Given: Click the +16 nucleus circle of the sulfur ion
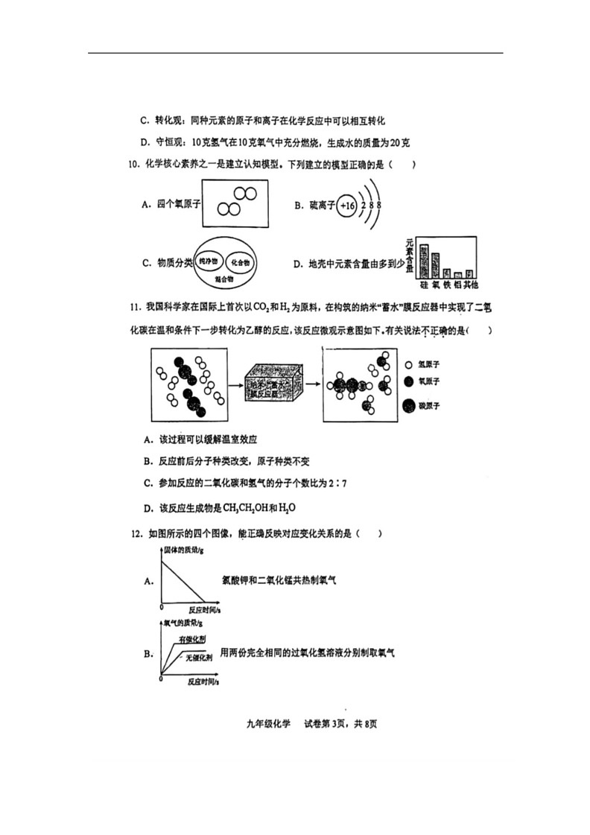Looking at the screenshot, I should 346,205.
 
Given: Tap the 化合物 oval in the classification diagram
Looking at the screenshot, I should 240,262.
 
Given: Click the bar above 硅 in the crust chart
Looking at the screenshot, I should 423,260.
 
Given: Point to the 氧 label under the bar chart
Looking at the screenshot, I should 435,285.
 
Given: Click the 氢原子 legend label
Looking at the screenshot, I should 431,365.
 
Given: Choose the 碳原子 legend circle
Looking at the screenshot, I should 409,406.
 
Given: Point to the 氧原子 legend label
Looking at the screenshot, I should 431,381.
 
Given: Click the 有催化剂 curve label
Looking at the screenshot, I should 191,640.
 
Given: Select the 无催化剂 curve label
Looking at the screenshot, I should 199,658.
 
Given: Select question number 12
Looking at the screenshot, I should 135,533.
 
